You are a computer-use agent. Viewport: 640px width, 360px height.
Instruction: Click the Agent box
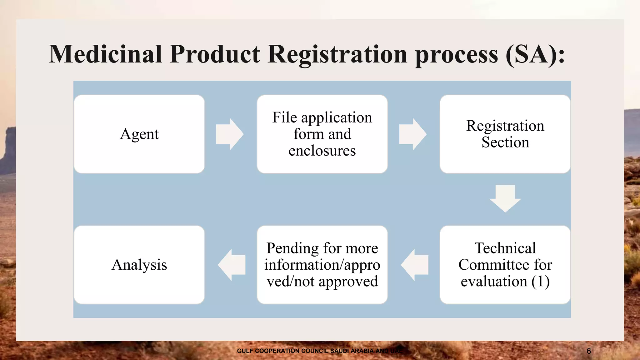tap(139, 134)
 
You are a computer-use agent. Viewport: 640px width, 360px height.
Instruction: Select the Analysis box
tap(139, 265)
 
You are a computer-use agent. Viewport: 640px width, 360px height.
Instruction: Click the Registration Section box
tap(505, 134)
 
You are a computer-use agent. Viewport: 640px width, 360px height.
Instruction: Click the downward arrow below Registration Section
tap(505, 199)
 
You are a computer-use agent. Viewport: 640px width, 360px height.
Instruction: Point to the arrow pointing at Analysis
tap(232, 265)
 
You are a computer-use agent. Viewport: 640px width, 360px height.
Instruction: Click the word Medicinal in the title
tap(106, 54)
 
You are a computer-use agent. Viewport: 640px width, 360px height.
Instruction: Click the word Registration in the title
tap(337, 54)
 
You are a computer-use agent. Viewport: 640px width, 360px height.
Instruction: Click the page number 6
tap(589, 351)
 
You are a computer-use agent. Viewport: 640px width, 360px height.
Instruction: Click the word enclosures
tap(322, 151)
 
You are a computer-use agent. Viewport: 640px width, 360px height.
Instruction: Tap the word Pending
tap(292, 248)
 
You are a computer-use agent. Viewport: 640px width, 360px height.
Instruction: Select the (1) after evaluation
tap(540, 281)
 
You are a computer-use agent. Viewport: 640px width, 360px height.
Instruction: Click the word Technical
tap(505, 248)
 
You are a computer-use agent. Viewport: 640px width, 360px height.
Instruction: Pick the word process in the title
tap(457, 54)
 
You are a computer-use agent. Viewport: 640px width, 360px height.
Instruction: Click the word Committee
tap(494, 265)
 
